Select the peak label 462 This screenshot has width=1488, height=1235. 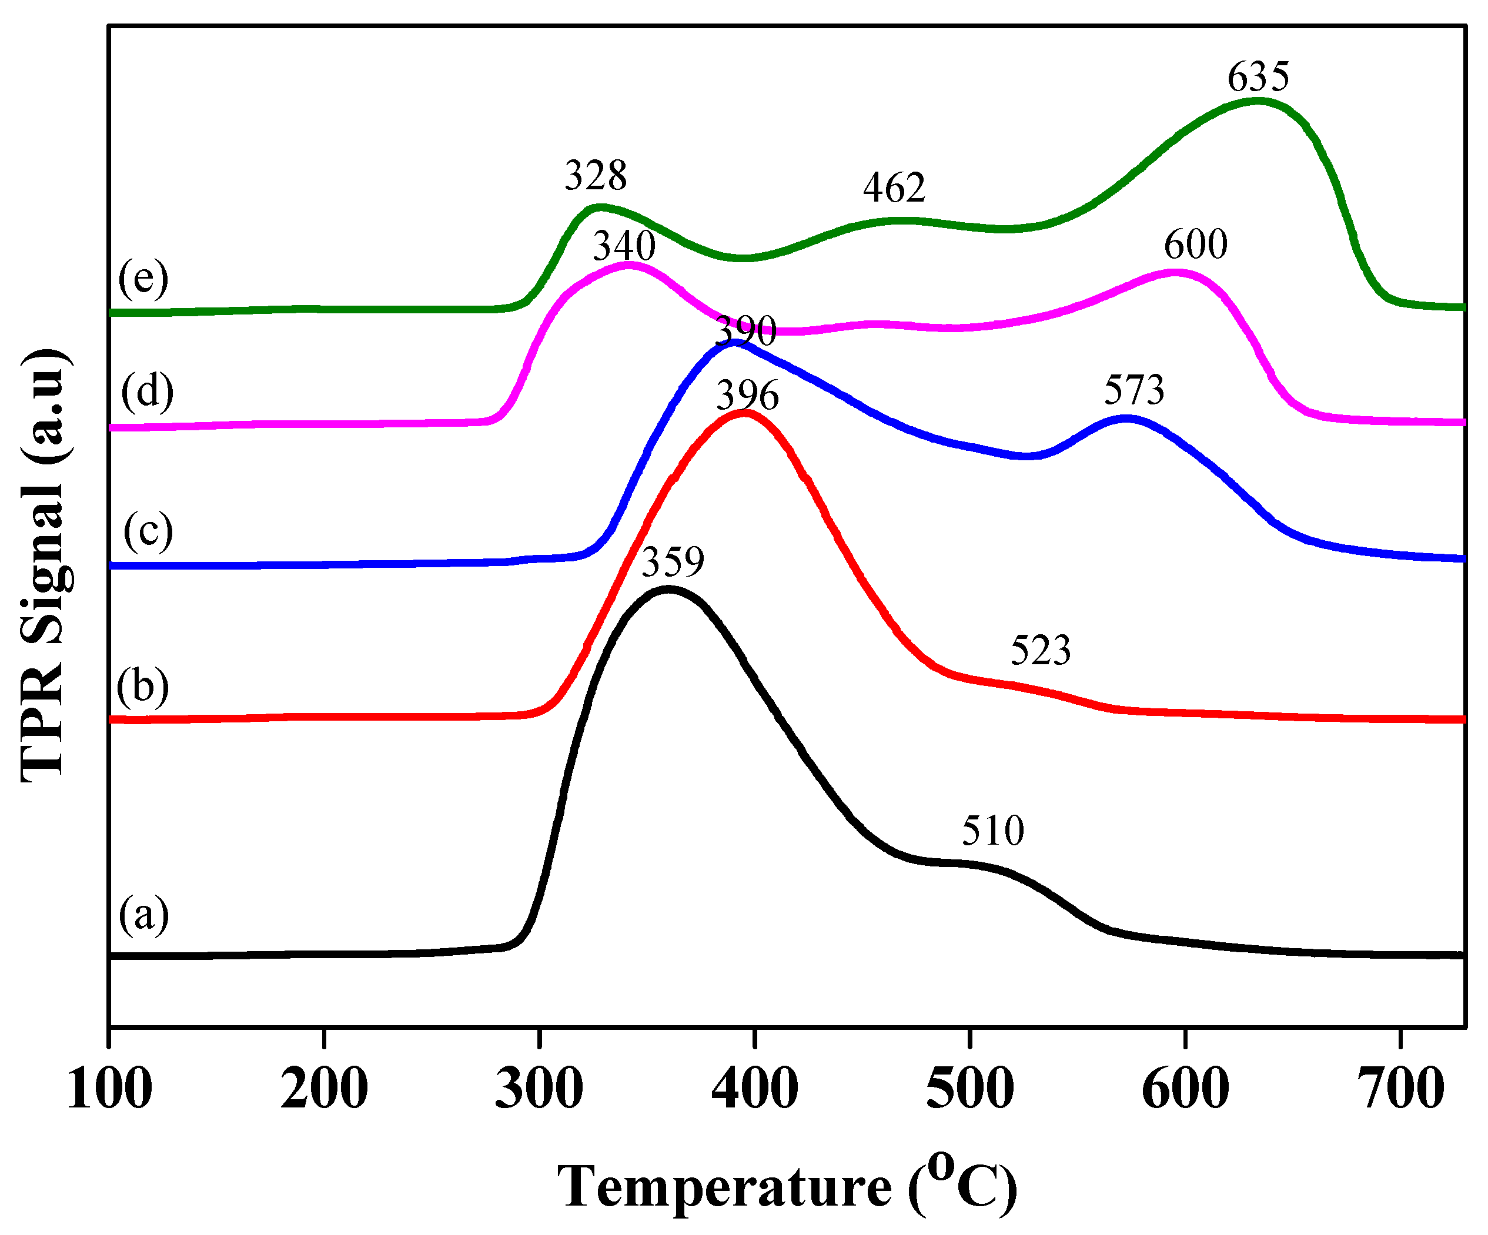(x=894, y=188)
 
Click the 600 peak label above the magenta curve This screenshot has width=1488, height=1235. (x=1195, y=245)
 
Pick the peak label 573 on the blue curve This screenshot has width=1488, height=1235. (x=1133, y=390)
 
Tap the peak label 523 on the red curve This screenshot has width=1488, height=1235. (x=1040, y=651)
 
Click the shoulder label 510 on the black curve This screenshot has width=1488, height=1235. (x=993, y=831)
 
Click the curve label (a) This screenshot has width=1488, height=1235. (x=144, y=915)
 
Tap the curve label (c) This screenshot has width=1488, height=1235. (x=148, y=531)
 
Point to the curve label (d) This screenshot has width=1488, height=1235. (x=146, y=392)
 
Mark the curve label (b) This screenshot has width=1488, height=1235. (x=143, y=687)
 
